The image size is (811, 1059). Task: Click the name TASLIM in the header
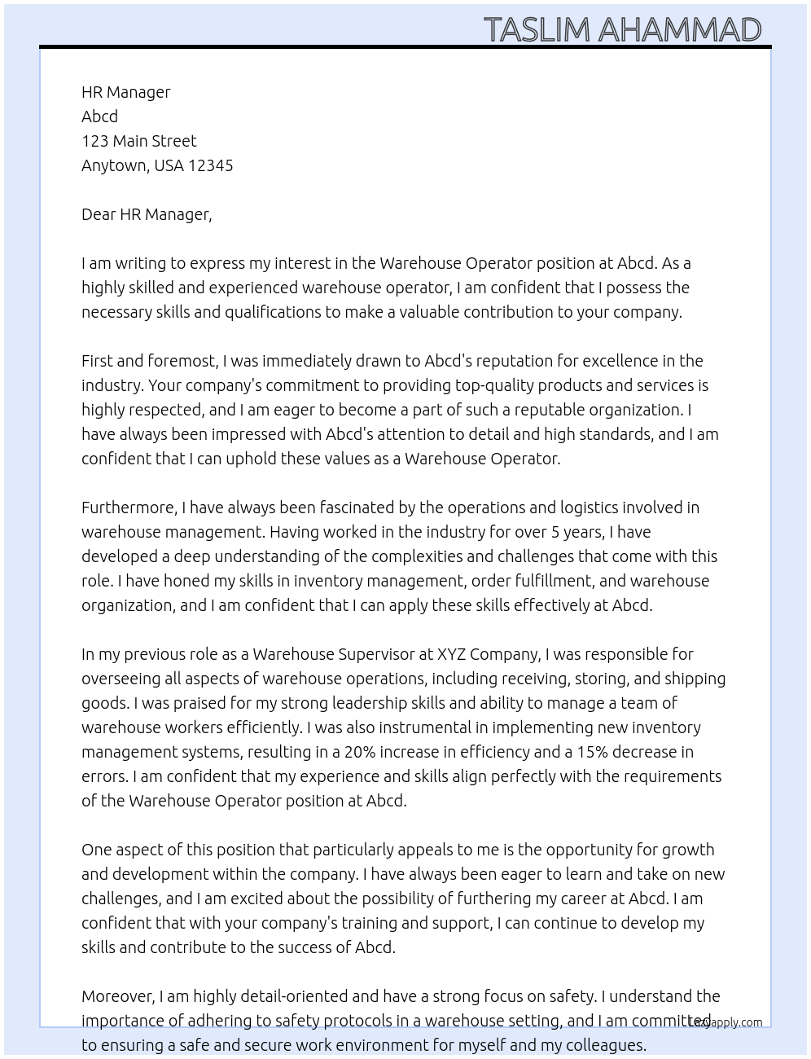537,29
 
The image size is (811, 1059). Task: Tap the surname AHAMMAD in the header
680,29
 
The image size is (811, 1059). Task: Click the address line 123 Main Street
138,141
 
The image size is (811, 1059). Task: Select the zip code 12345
210,165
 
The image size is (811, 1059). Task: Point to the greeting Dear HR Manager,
147,214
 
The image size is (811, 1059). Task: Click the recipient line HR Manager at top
126,92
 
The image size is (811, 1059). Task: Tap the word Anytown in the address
115,165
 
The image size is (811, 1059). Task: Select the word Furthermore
129,508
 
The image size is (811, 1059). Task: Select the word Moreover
117,996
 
